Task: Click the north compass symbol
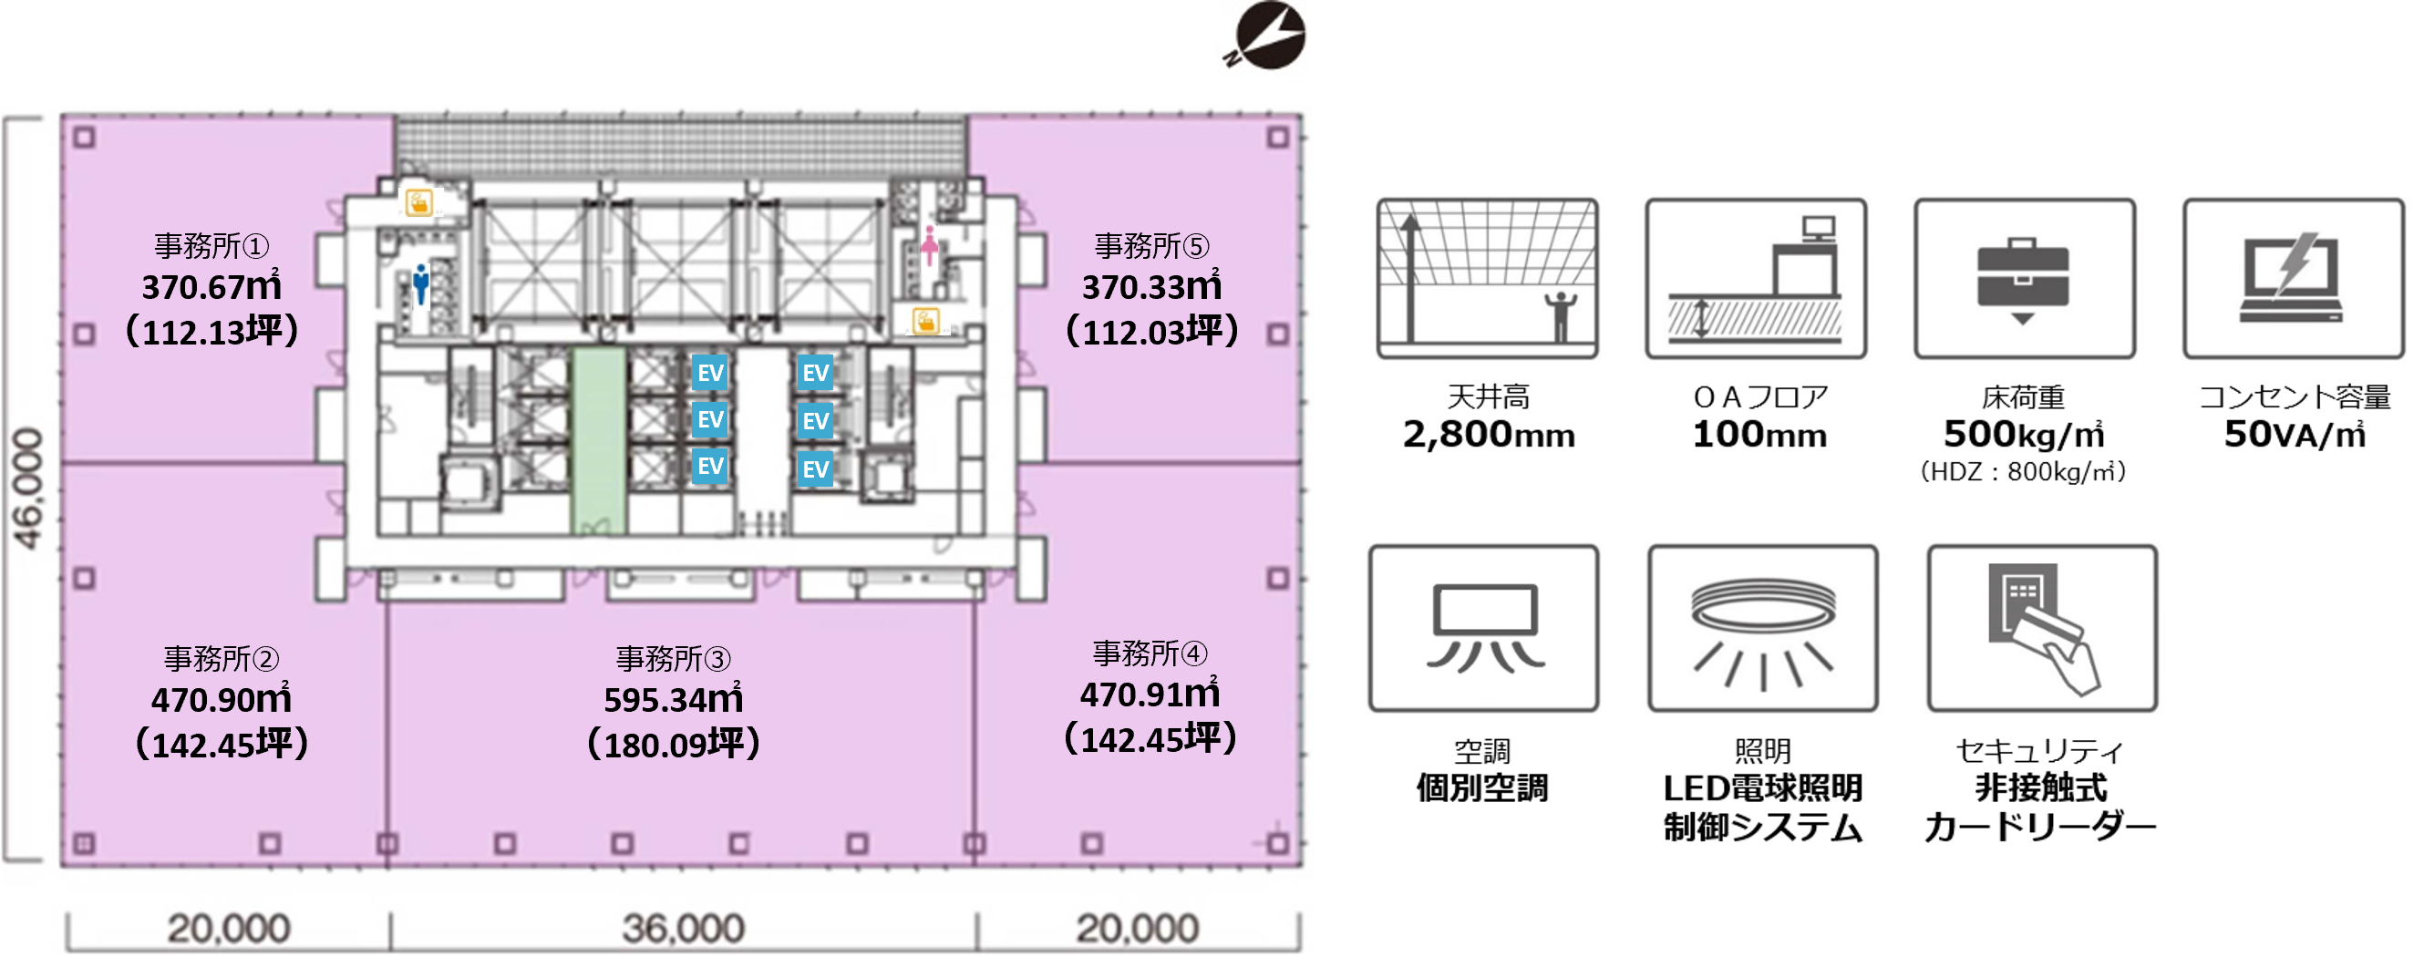(1266, 36)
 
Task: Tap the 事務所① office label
(211, 245)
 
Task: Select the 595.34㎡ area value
(674, 699)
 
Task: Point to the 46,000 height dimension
(28, 489)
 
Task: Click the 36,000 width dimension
(683, 929)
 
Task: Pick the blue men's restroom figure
(420, 284)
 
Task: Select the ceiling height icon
(1487, 278)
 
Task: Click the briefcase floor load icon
(2024, 278)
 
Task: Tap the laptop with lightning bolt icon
(2294, 278)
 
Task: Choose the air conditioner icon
(1484, 628)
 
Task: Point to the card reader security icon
(2042, 628)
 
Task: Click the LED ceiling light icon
(1762, 628)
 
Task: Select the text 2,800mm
(1489, 435)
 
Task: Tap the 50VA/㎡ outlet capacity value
(2295, 435)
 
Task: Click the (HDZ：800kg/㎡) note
(2023, 471)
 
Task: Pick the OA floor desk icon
(1756, 278)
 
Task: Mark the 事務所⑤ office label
(1151, 245)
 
